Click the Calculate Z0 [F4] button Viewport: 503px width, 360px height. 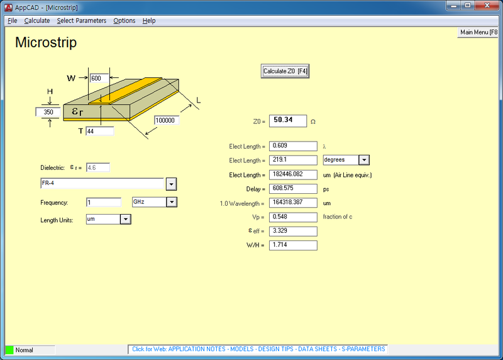pyautogui.click(x=285, y=71)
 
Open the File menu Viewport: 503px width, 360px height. pyautogui.click(x=13, y=21)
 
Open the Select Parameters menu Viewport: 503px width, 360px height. pyautogui.click(x=81, y=21)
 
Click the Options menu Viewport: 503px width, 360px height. pyautogui.click(x=124, y=21)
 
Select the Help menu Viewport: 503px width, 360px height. pyautogui.click(x=149, y=21)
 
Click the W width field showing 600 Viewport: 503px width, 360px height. pyautogui.click(x=99, y=79)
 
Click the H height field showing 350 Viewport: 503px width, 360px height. pyautogui.click(x=48, y=112)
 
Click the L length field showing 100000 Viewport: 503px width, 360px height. pyautogui.click(x=167, y=120)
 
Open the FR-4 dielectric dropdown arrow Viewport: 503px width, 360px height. pyautogui.click(x=170, y=184)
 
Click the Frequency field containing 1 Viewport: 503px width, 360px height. pyautogui.click(x=103, y=202)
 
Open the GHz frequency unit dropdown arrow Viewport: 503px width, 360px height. pyautogui.click(x=171, y=202)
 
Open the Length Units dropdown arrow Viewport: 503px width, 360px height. pyautogui.click(x=125, y=219)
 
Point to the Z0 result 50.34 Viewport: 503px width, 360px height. pyautogui.click(x=288, y=121)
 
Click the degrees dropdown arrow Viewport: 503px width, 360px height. pyautogui.click(x=363, y=160)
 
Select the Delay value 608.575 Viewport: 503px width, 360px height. pyautogui.click(x=293, y=189)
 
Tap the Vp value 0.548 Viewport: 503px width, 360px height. pyautogui.click(x=293, y=217)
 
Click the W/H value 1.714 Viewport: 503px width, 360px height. pyautogui.click(x=293, y=245)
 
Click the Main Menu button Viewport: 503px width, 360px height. pyautogui.click(x=479, y=32)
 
